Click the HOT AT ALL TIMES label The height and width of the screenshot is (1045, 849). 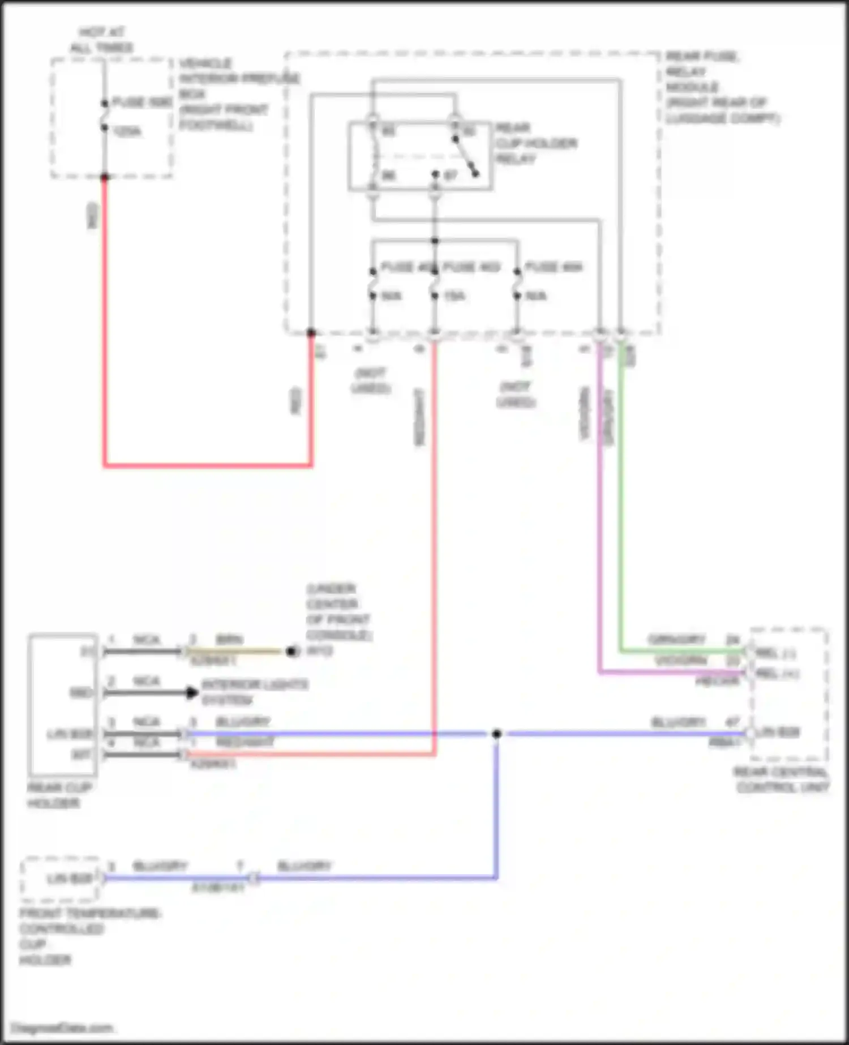[102, 40]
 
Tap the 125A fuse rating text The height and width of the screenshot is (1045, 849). [127, 132]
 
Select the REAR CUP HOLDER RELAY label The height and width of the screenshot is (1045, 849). [535, 143]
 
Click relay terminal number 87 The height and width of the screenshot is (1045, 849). [450, 175]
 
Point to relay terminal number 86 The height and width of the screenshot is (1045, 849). [388, 175]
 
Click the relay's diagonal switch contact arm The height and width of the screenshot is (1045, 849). [465, 156]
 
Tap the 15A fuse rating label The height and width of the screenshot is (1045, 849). [454, 296]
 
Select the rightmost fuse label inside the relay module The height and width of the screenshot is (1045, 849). [553, 267]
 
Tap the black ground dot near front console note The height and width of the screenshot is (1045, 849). [292, 652]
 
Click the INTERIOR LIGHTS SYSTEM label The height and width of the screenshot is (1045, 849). [255, 692]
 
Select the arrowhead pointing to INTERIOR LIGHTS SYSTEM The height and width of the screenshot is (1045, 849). [192, 692]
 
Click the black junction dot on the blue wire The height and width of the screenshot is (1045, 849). [496, 734]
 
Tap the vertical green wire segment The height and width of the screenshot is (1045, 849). [621, 509]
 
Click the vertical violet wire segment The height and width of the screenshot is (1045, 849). [600, 509]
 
